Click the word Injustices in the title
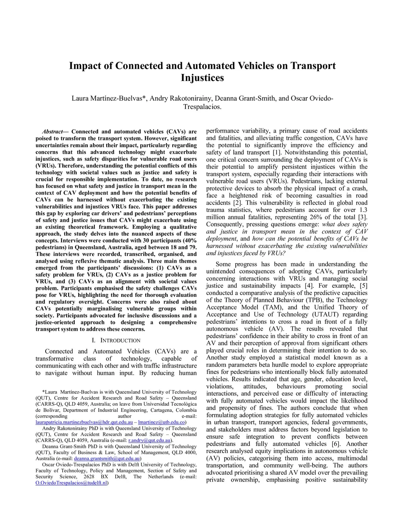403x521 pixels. tap(202, 78)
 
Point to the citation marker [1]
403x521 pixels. tap(276, 153)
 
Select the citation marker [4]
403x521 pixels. tap(309, 286)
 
